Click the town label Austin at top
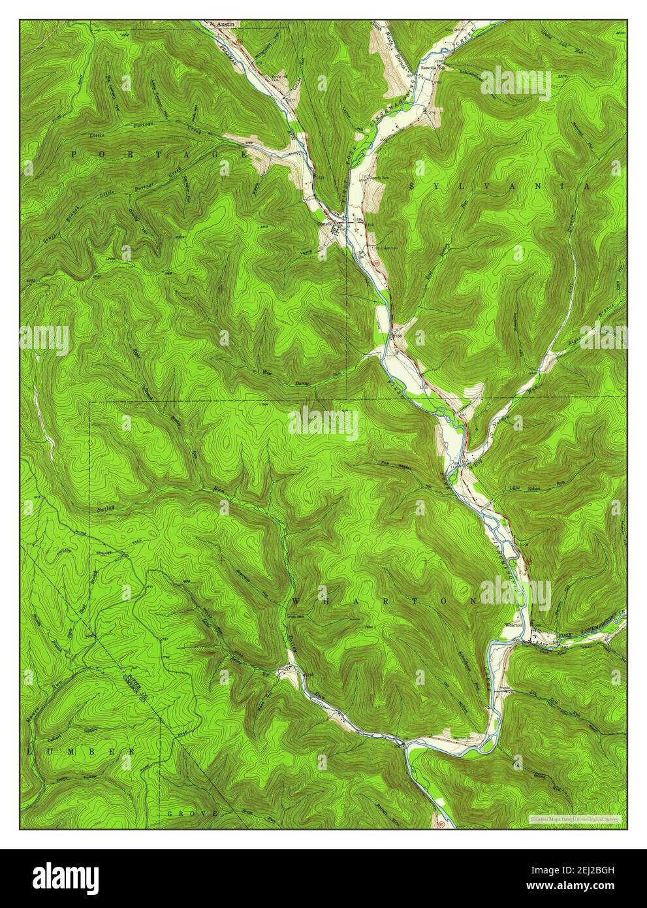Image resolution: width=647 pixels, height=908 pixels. [225, 24]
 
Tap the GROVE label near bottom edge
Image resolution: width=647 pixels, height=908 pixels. [193, 813]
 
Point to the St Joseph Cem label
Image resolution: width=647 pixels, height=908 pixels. [385, 247]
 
